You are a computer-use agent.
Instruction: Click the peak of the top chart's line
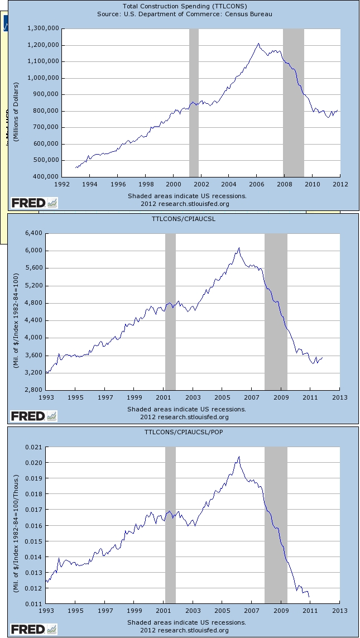click(258, 44)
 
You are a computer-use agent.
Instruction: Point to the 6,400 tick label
click(34, 233)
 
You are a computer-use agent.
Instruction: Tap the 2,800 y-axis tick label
click(34, 390)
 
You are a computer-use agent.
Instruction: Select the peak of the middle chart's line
click(239, 248)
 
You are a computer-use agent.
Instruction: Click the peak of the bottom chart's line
click(239, 457)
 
